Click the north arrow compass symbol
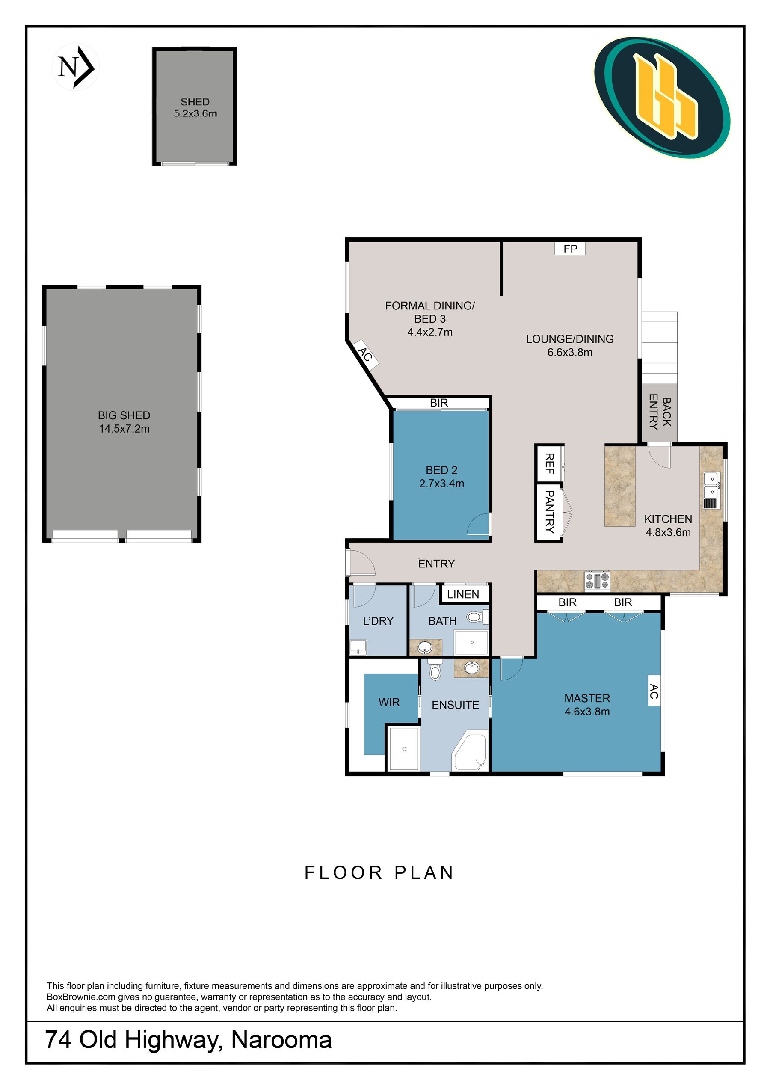[75, 67]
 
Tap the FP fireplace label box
[570, 249]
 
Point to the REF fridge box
[549, 463]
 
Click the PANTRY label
[549, 512]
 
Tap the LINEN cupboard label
[463, 594]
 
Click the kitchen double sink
[712, 485]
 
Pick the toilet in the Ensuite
[435, 669]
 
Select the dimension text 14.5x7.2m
[124, 429]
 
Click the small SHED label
[195, 101]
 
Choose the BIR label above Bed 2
[439, 403]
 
